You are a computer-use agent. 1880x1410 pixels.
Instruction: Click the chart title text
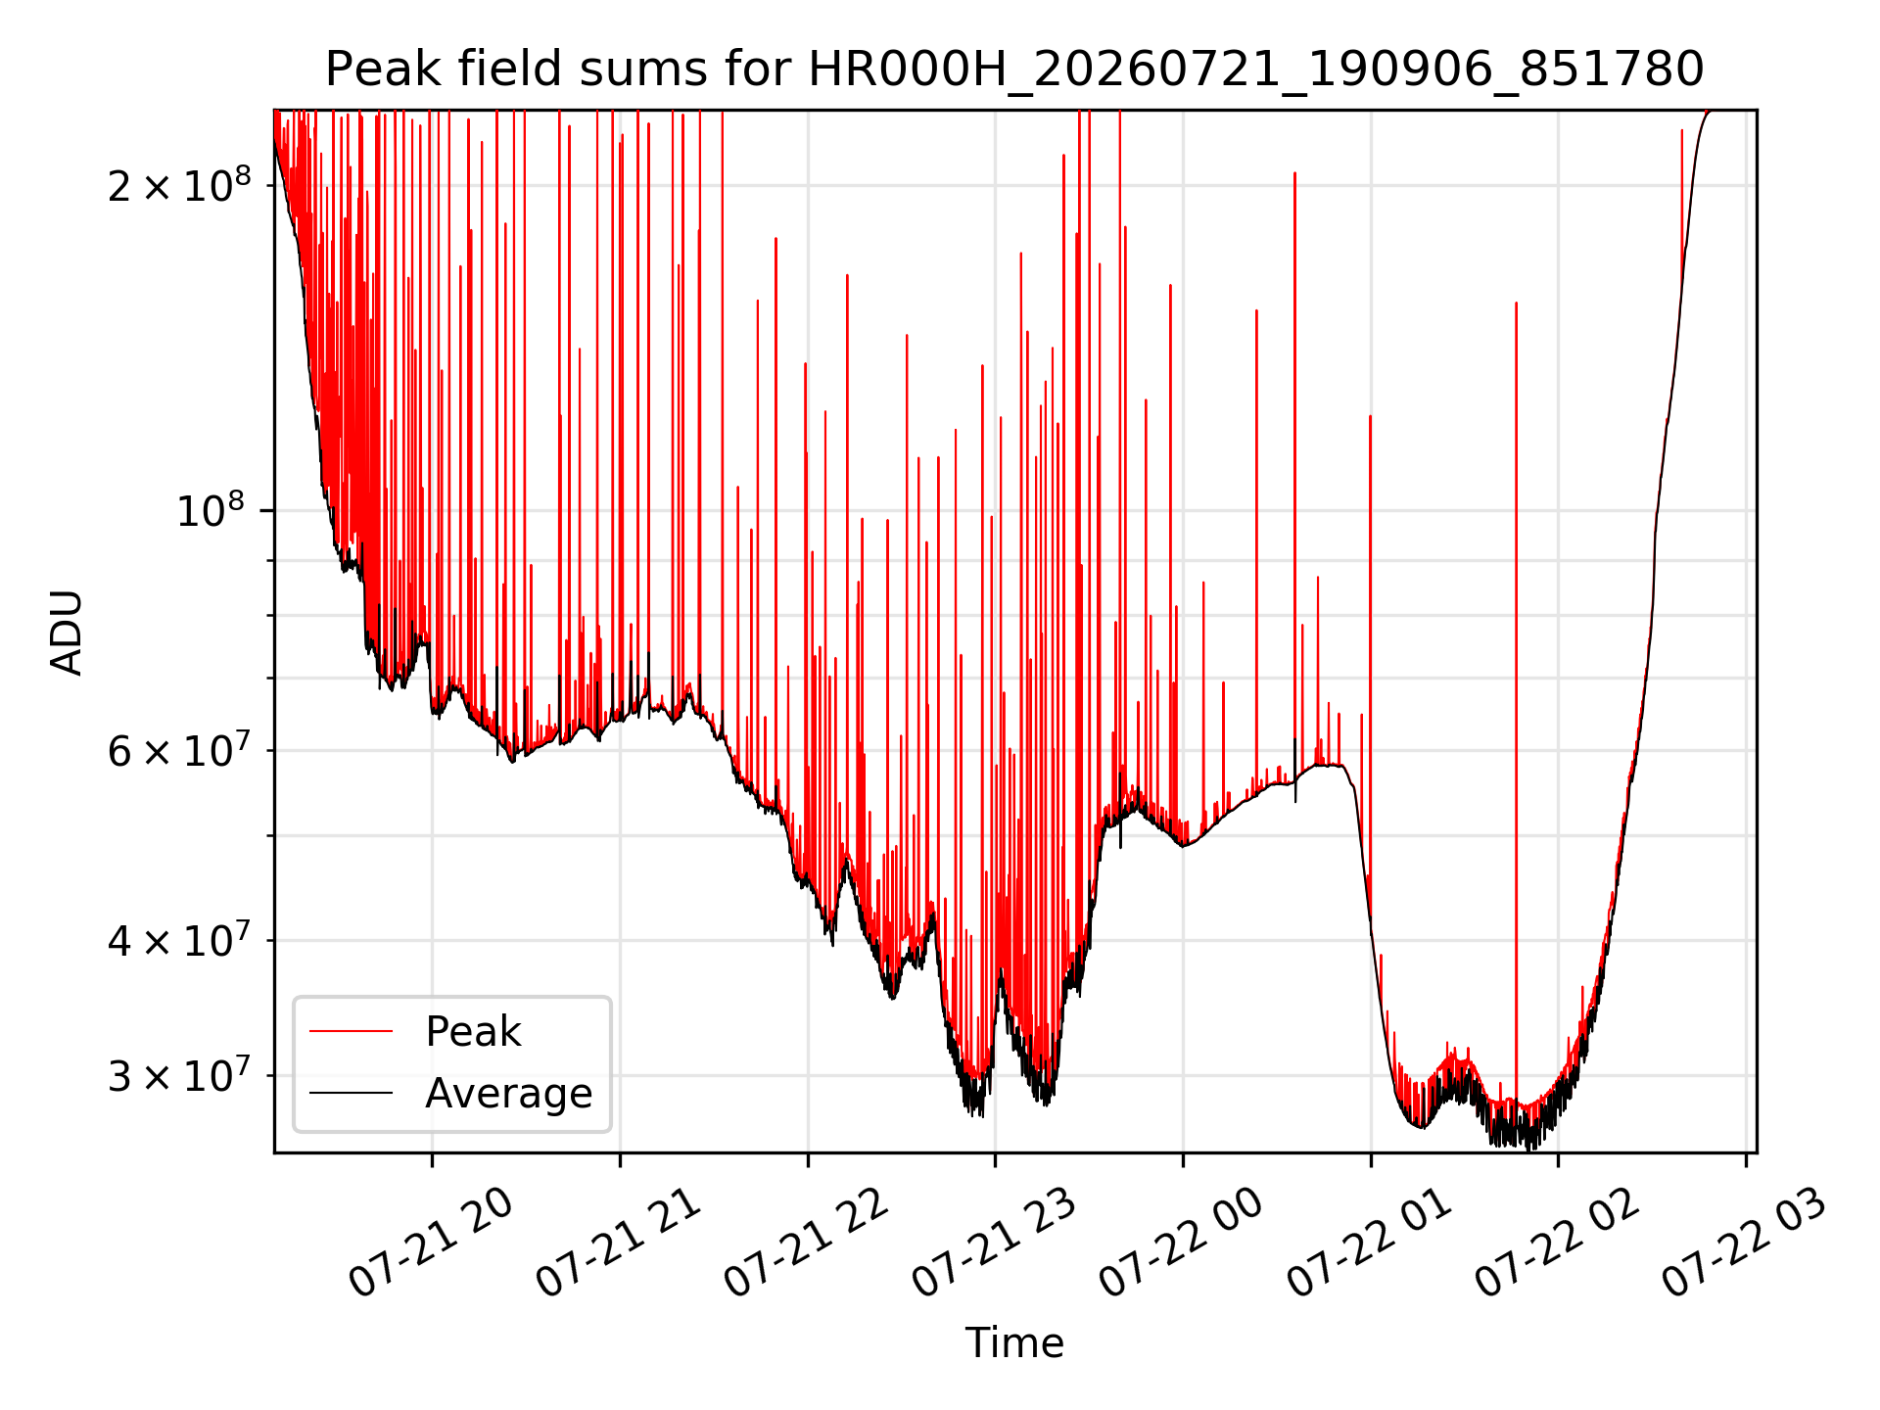[x=1014, y=70]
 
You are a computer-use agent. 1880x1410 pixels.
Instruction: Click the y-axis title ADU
[x=67, y=632]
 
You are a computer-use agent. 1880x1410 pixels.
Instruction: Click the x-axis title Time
[x=1014, y=1342]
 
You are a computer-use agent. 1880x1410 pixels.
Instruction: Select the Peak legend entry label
[x=473, y=1032]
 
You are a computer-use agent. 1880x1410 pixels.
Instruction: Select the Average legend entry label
[x=508, y=1094]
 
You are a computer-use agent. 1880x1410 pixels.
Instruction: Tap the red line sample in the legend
[x=351, y=1031]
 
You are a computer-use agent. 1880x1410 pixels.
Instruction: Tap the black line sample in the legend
[x=351, y=1093]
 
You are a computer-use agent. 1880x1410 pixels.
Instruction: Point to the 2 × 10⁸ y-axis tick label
[x=179, y=184]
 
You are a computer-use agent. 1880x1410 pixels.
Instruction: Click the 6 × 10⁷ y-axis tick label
[x=179, y=751]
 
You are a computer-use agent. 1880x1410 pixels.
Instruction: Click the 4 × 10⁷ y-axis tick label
[x=179, y=940]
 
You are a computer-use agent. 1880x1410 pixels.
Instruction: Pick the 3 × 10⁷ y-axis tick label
[x=179, y=1075]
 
